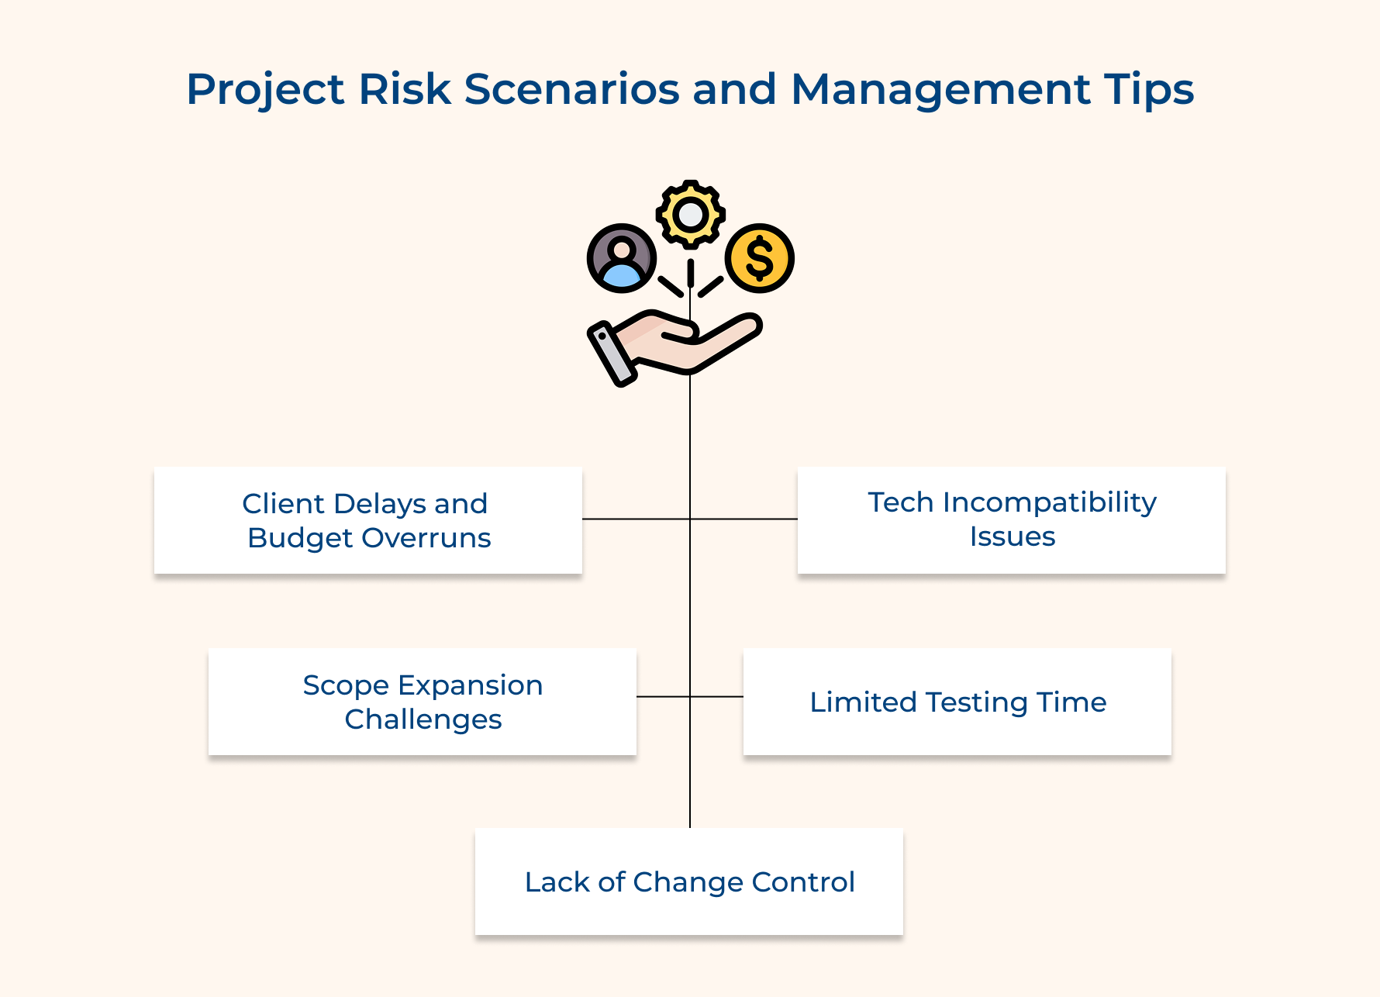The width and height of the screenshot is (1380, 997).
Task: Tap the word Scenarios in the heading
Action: pos(571,88)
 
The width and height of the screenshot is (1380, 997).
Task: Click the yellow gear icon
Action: pos(690,214)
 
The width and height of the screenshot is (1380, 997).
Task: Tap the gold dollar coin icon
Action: pos(759,258)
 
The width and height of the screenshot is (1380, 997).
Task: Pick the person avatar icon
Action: pos(622,258)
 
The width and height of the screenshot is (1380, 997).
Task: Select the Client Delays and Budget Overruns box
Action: pos(367,520)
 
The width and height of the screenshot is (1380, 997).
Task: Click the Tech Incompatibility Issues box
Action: pos(1011,520)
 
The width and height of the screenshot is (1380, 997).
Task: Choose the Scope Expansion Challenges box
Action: pos(422,702)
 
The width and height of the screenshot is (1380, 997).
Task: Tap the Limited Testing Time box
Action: pos(957,702)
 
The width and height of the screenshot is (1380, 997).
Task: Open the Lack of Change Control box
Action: pos(688,881)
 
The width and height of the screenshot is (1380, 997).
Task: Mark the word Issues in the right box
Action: pos(1012,536)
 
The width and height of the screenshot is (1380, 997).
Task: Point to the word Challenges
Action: pos(423,719)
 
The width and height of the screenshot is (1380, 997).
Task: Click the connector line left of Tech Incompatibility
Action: pos(744,519)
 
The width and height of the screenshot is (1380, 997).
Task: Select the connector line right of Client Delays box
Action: pos(636,519)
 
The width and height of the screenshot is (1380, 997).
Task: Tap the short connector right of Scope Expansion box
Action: pos(663,697)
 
